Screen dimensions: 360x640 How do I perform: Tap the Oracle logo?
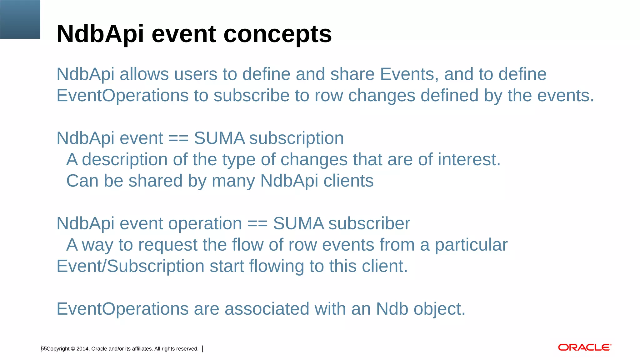pyautogui.click(x=584, y=347)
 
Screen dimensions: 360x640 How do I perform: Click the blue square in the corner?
pyautogui.click(x=20, y=19)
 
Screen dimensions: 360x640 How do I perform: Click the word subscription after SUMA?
pyautogui.click(x=296, y=138)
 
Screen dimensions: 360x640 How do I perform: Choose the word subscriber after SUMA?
pyautogui.click(x=369, y=224)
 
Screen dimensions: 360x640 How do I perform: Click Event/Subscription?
pyautogui.click(x=130, y=266)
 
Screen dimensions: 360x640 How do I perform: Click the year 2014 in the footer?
pyautogui.click(x=82, y=349)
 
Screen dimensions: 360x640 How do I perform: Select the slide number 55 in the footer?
pyautogui.click(x=44, y=349)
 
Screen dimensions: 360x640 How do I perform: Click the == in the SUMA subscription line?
pyautogui.click(x=178, y=138)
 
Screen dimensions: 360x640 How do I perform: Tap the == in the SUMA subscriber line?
pyautogui.click(x=257, y=224)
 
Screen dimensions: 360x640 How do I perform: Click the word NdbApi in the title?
pyautogui.click(x=100, y=34)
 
